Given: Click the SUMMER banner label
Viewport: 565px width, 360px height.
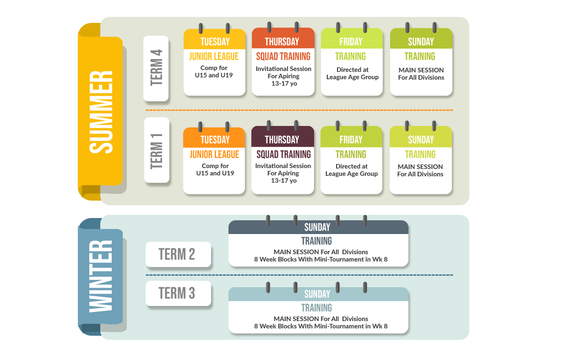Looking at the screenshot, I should coord(100,112).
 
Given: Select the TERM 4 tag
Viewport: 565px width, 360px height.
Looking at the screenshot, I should coord(156,68).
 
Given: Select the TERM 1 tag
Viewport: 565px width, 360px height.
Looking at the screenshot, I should coord(156,150).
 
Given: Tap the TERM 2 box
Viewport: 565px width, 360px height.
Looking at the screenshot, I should coord(178,254).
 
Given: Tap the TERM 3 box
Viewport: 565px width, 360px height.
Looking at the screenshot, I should coord(178,293).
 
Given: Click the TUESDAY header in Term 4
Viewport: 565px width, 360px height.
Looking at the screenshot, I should coord(215,42).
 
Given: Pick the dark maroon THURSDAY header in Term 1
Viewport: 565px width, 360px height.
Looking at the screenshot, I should coord(282,140).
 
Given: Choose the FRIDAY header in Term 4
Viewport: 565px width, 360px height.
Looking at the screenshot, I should coord(352,42).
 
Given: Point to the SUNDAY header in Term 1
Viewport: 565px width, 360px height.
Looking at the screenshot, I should coord(421,140).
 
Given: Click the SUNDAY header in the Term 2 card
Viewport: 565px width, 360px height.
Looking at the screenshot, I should coord(318,227).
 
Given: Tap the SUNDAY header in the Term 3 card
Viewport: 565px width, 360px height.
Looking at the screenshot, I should coord(318,294).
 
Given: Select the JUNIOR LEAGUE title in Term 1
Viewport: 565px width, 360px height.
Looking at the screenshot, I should coord(214,154).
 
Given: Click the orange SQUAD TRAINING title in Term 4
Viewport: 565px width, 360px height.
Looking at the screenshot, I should coord(283,56).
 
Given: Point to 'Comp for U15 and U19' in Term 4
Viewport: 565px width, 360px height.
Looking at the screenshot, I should coord(214,71).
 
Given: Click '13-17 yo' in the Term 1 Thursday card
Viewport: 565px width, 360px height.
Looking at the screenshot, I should coord(283,180).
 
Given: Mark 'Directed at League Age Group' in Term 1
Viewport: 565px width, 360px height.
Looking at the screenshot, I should coord(352,170).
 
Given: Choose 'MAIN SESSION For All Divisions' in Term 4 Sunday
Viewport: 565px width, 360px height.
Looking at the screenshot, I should coord(421,74).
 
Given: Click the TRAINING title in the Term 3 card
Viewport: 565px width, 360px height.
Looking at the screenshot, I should coord(317,308).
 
